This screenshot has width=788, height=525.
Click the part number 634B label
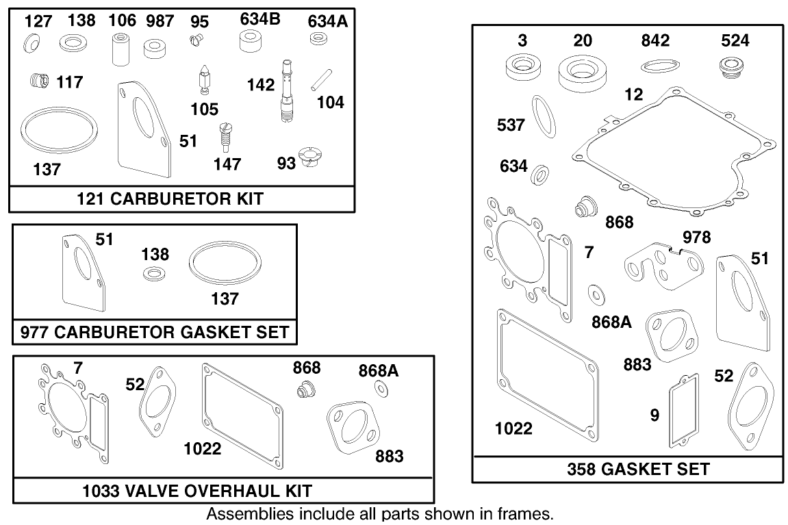click(260, 20)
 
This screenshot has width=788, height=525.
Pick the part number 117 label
click(70, 83)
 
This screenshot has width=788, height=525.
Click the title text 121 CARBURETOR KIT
click(181, 199)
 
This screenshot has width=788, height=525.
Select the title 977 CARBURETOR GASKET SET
click(155, 333)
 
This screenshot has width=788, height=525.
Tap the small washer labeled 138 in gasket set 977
click(151, 274)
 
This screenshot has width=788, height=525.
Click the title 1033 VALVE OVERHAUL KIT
click(197, 491)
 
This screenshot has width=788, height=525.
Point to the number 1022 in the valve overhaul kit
click(203, 448)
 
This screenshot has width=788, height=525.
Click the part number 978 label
click(696, 238)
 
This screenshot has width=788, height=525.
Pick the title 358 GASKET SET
click(638, 469)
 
